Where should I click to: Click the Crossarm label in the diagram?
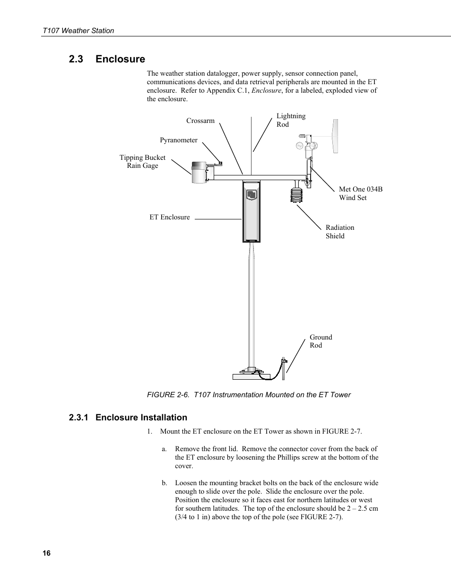[200, 121]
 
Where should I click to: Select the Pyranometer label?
[178, 140]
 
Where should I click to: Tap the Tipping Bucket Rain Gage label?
[142, 161]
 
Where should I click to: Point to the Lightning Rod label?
[291, 120]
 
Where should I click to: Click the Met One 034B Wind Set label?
[360, 193]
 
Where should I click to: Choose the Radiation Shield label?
[339, 232]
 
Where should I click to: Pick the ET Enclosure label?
[169, 217]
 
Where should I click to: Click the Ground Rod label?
[321, 341]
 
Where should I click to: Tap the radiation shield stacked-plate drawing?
[296, 193]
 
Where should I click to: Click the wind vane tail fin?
[335, 136]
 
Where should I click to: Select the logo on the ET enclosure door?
[251, 194]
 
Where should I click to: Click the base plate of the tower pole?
[251, 376]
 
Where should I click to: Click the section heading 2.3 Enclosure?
[107, 59]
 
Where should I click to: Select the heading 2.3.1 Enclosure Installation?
[128, 417]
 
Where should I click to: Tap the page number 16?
[46, 554]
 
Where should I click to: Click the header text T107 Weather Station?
[78, 31]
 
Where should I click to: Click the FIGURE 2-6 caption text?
[249, 395]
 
